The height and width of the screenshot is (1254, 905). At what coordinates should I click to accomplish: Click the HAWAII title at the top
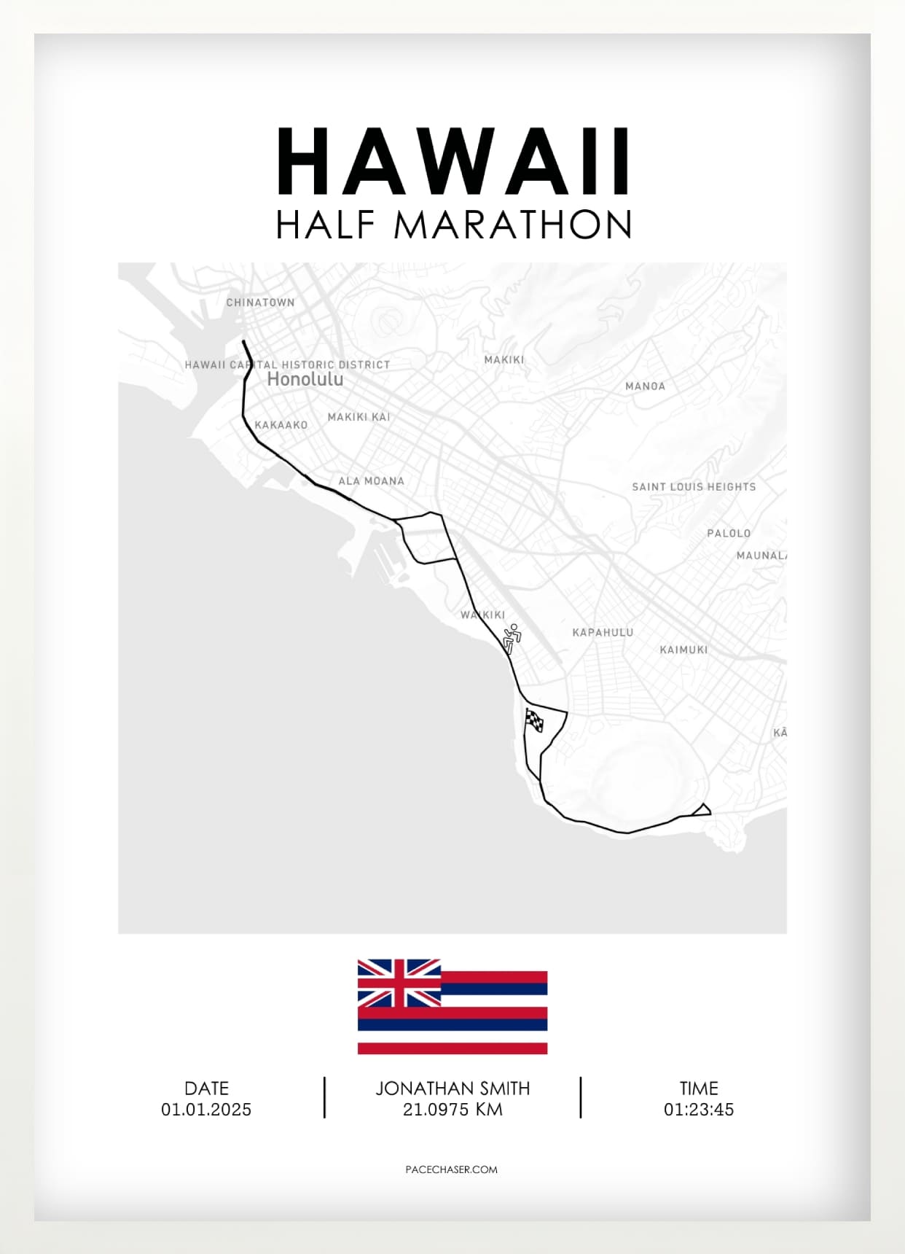click(452, 162)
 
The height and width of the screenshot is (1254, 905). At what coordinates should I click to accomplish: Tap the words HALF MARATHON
click(452, 225)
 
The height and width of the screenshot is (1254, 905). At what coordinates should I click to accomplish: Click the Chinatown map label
click(260, 303)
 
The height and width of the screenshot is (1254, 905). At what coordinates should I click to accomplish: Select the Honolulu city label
click(305, 379)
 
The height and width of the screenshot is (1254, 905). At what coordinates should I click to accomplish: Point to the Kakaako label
click(281, 425)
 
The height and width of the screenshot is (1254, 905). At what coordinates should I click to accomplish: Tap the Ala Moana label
click(371, 481)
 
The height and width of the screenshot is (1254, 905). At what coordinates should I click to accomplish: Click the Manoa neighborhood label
click(645, 386)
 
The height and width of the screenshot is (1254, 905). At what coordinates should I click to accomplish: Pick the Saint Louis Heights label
click(694, 487)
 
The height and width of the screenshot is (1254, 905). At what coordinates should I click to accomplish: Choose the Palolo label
click(729, 534)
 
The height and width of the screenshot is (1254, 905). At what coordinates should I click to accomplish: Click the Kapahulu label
click(603, 633)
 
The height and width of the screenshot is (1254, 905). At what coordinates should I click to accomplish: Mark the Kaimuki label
click(683, 650)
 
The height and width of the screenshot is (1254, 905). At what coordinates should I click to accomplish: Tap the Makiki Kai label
click(359, 417)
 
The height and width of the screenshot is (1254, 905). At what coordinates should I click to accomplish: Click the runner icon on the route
click(512, 638)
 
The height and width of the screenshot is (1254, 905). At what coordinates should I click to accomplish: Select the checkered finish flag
click(534, 720)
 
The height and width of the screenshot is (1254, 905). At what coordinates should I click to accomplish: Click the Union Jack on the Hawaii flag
click(399, 983)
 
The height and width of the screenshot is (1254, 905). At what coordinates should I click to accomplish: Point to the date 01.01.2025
click(206, 1110)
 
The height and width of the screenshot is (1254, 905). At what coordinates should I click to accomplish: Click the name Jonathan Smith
click(452, 1089)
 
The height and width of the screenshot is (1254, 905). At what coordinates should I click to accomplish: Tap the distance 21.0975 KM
click(452, 1110)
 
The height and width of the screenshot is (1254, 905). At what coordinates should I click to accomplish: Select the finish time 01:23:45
click(698, 1110)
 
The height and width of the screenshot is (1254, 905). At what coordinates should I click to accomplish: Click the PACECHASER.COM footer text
click(452, 1169)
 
